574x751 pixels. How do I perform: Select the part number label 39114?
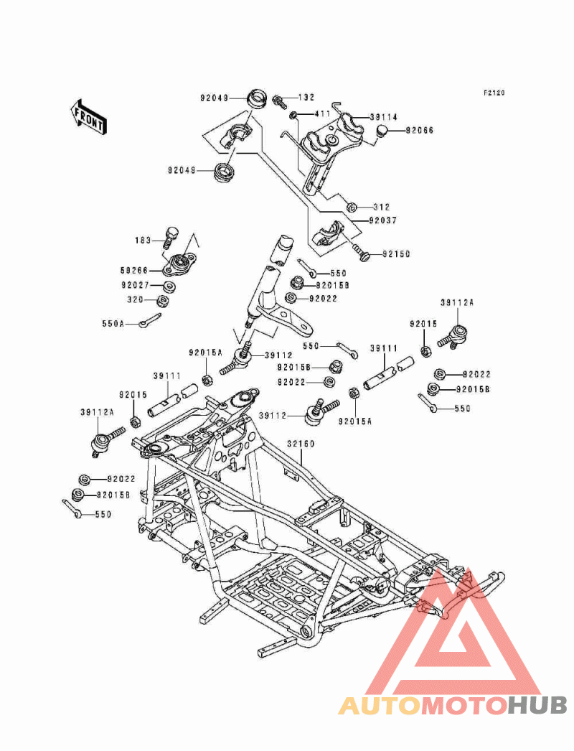point(384,116)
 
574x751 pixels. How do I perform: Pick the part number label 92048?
point(182,171)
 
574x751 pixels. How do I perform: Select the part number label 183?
point(143,240)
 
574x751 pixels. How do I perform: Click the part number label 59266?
point(134,271)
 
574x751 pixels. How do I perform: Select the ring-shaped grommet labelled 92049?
point(253,97)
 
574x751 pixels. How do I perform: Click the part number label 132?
point(306,97)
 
